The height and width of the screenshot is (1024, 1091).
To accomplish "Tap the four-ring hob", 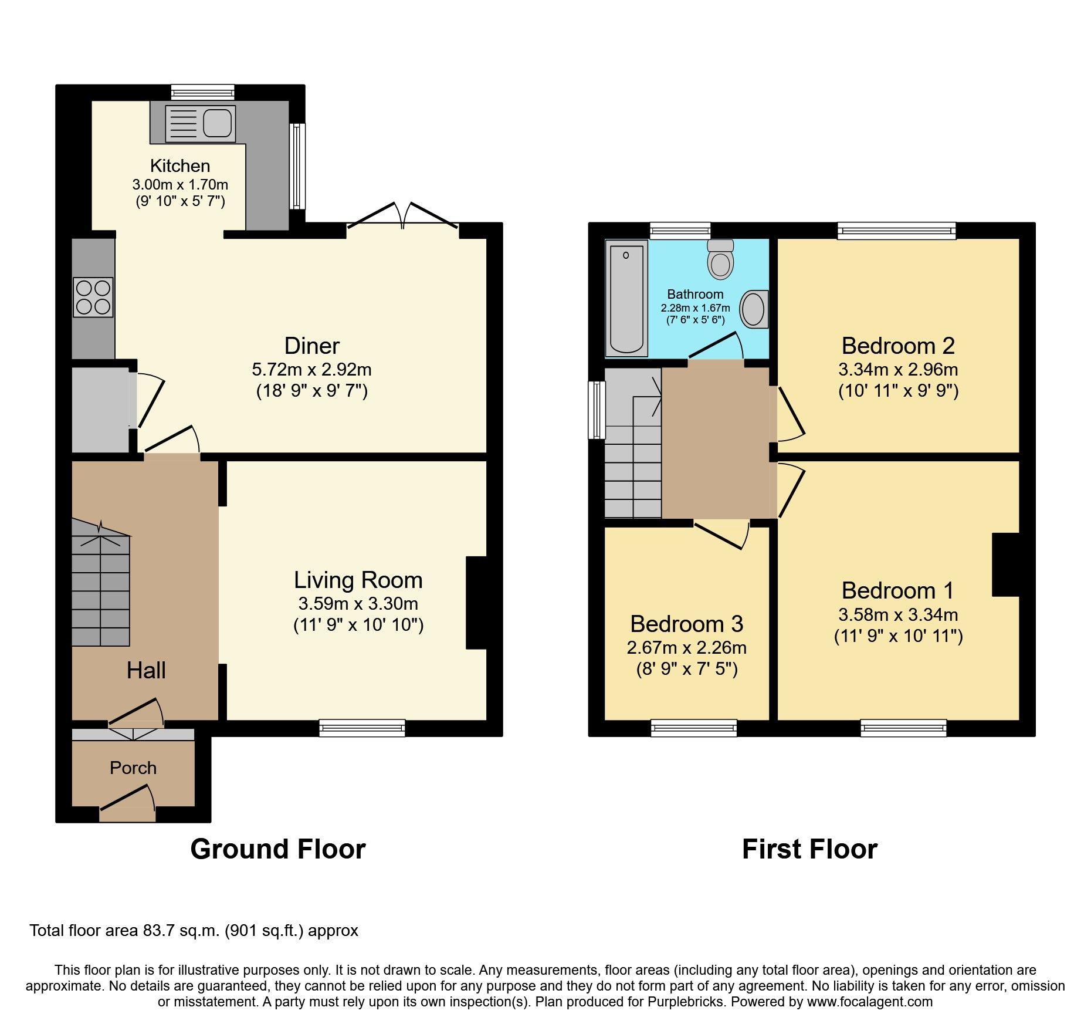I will tap(93, 298).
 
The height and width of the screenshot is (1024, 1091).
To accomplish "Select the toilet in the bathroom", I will tap(720, 259).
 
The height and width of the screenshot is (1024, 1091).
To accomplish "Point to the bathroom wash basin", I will tap(753, 309).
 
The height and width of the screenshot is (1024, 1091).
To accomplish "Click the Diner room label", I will tap(311, 346).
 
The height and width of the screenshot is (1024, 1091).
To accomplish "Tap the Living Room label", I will tap(358, 580).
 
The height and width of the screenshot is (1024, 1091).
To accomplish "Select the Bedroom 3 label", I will tap(686, 624).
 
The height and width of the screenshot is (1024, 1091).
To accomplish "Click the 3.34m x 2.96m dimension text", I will tap(897, 370).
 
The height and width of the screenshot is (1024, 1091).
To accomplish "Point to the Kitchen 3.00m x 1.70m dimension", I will tap(180, 185).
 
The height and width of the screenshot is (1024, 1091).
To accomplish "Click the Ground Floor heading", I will tap(277, 849).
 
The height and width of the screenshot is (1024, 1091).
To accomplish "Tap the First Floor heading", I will tap(809, 849).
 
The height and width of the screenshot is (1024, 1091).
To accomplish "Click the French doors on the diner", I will tap(402, 218).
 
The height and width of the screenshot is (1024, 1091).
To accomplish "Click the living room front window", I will tap(362, 728).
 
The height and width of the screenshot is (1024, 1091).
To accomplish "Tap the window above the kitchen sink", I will tap(203, 92).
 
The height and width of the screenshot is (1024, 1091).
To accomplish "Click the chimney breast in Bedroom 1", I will tap(1005, 565).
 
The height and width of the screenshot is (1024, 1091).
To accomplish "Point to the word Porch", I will tap(133, 768).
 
